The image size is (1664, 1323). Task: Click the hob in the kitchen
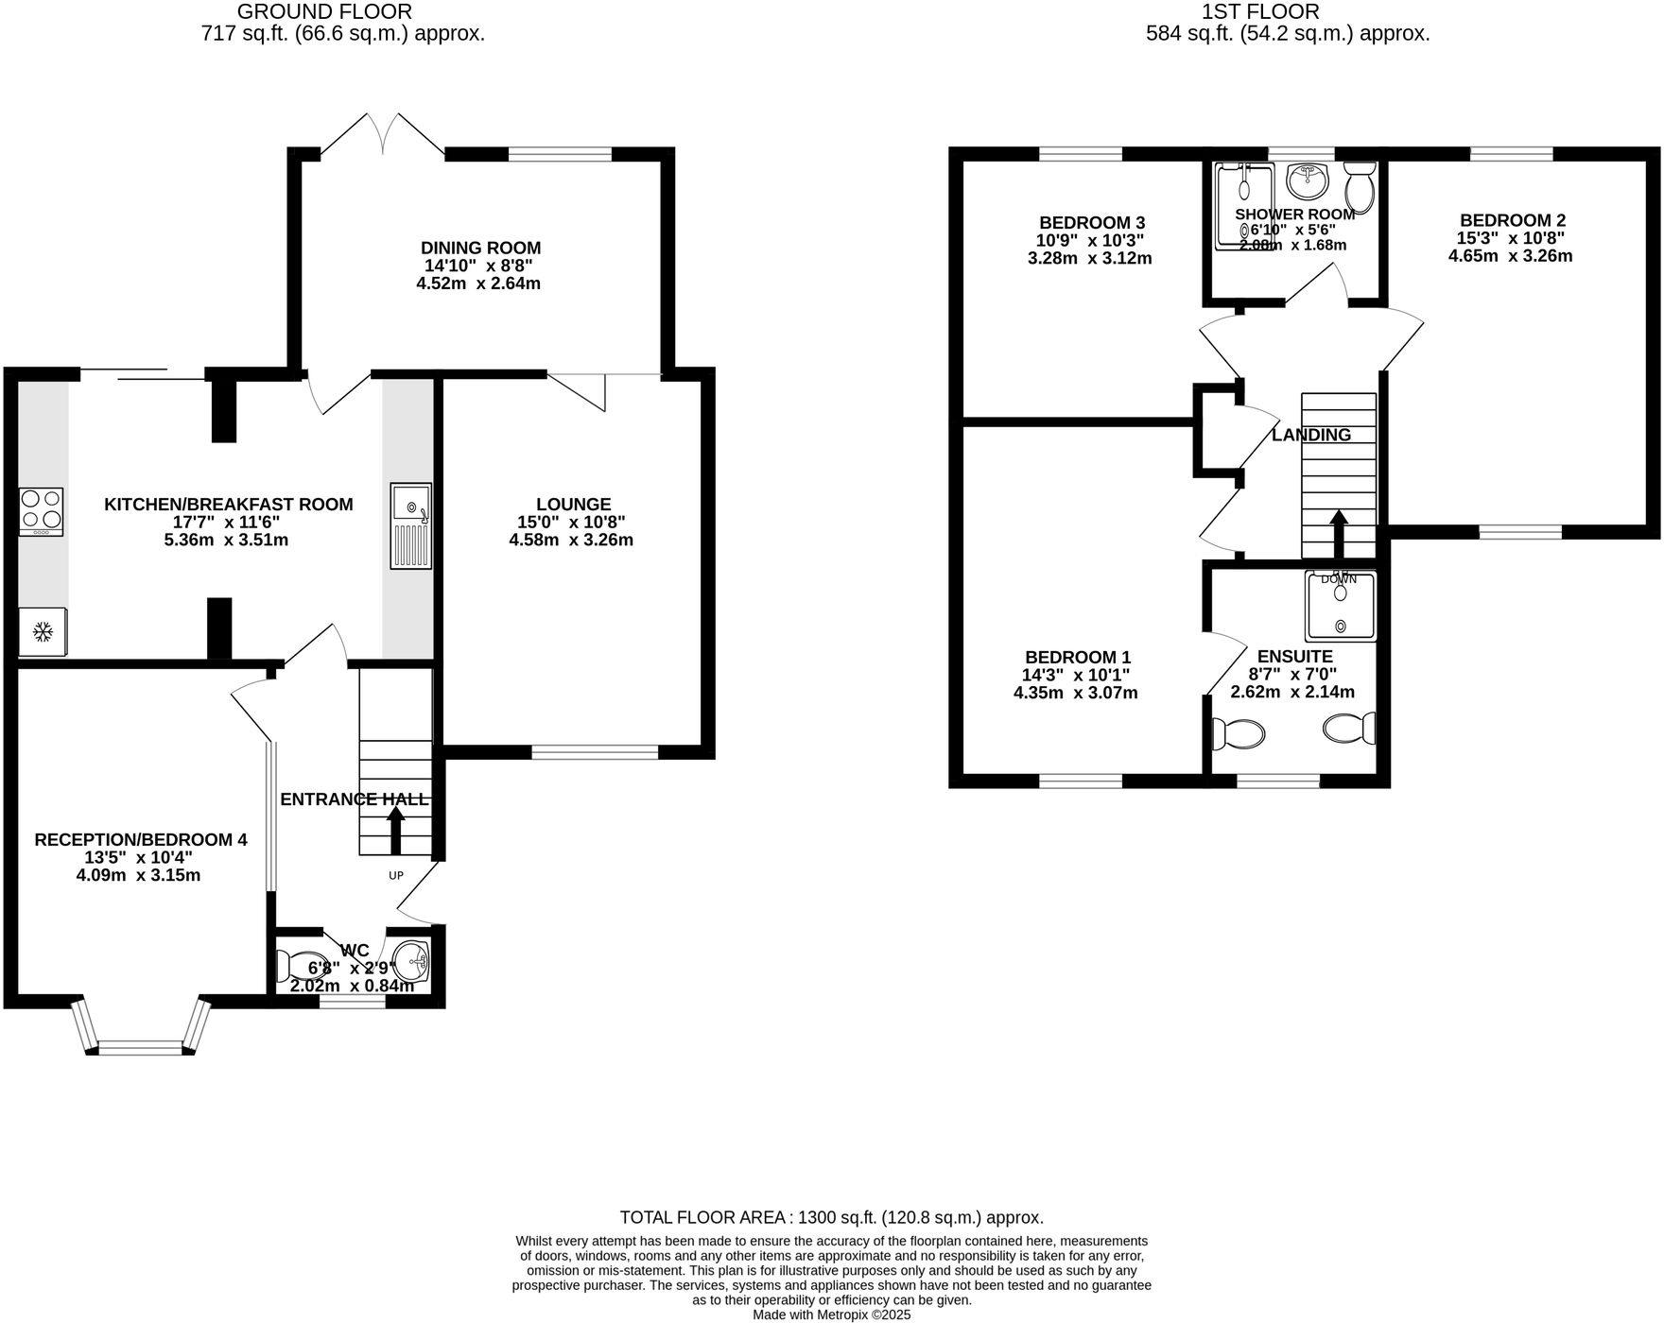tap(41, 511)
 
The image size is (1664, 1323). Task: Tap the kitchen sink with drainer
tap(410, 526)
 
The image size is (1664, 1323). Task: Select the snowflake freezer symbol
tap(42, 631)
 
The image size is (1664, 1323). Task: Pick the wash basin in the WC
tap(412, 962)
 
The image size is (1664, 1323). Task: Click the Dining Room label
tap(481, 249)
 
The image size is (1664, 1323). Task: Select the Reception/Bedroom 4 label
tap(141, 839)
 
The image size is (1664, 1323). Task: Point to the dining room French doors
tap(383, 134)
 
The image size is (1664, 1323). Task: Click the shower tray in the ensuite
tap(1340, 606)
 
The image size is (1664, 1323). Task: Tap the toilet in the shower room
tap(1361, 186)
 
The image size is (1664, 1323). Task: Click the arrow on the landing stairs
tap(1339, 537)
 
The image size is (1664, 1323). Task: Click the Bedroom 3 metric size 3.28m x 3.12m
tap(1089, 258)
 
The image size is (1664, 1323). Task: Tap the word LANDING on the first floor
tap(1311, 435)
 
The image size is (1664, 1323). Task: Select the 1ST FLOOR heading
tap(1259, 12)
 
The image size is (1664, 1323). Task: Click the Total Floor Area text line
tap(832, 1217)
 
